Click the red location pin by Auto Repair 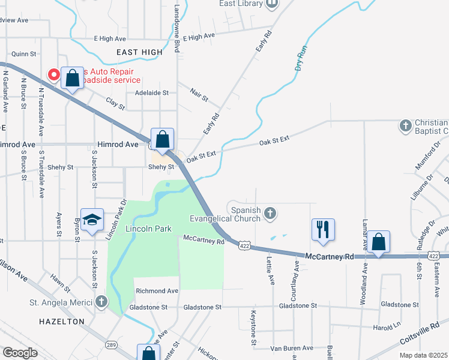point(53,75)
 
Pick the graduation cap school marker point(92,220)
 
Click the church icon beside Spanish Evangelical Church point(271,212)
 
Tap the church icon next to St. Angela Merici point(101,301)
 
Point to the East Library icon point(272,4)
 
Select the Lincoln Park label point(149,229)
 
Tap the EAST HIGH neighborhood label point(140,52)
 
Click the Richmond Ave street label point(157,291)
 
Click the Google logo point(20,353)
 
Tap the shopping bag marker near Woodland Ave point(379,242)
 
